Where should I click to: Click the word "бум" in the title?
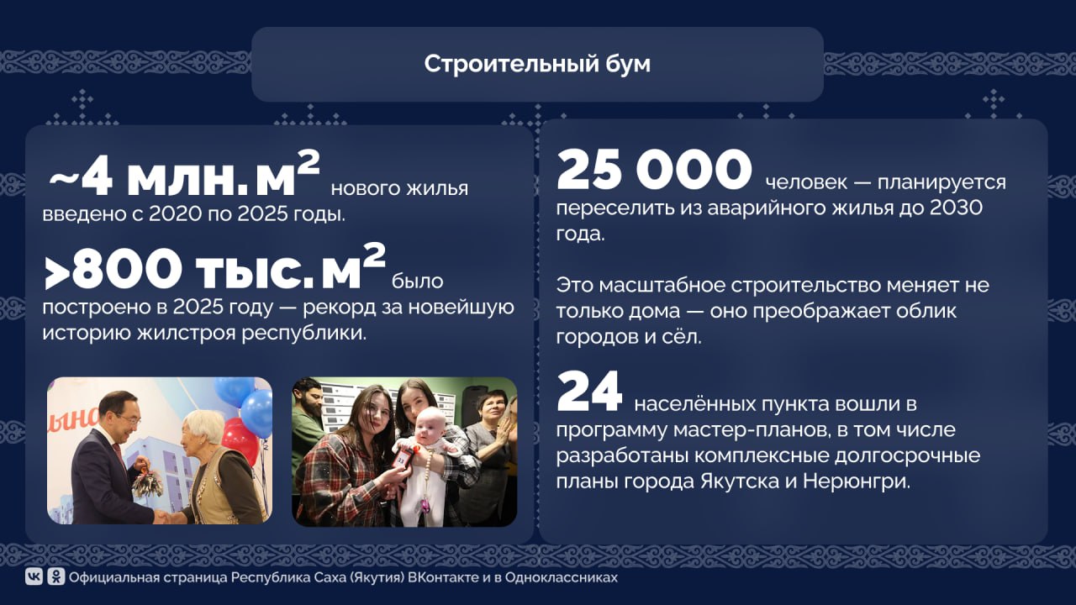628,65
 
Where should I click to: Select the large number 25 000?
654,171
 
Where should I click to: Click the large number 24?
589,392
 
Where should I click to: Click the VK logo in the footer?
34,577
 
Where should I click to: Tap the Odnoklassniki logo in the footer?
55,577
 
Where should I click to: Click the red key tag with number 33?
403,459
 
